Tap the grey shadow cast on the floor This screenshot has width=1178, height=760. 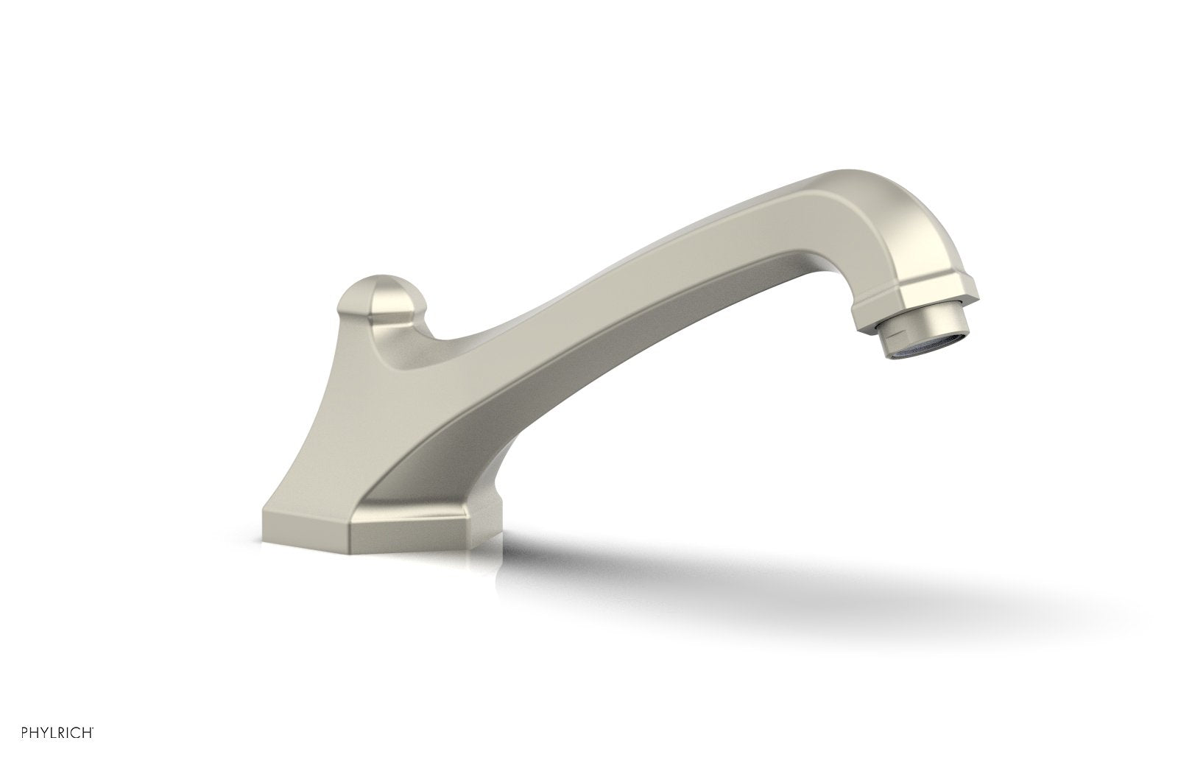[736, 574]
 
